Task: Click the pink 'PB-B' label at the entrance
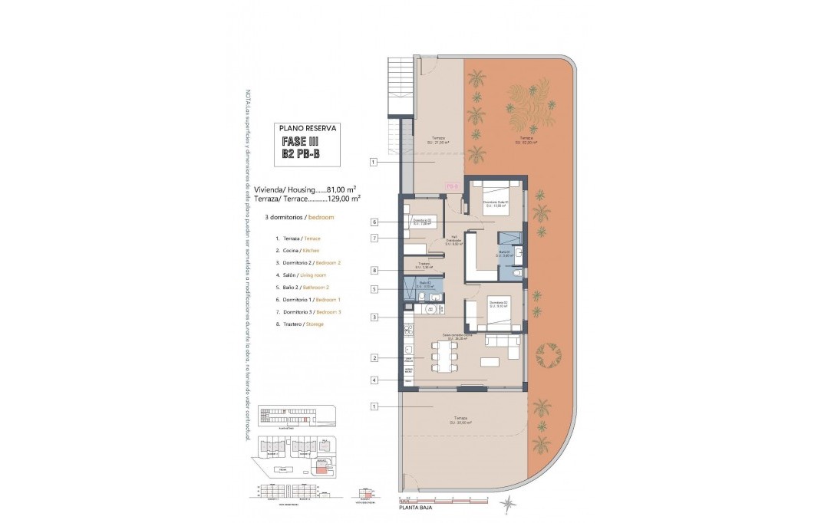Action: click(x=452, y=186)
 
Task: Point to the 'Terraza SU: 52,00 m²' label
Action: click(x=526, y=141)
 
